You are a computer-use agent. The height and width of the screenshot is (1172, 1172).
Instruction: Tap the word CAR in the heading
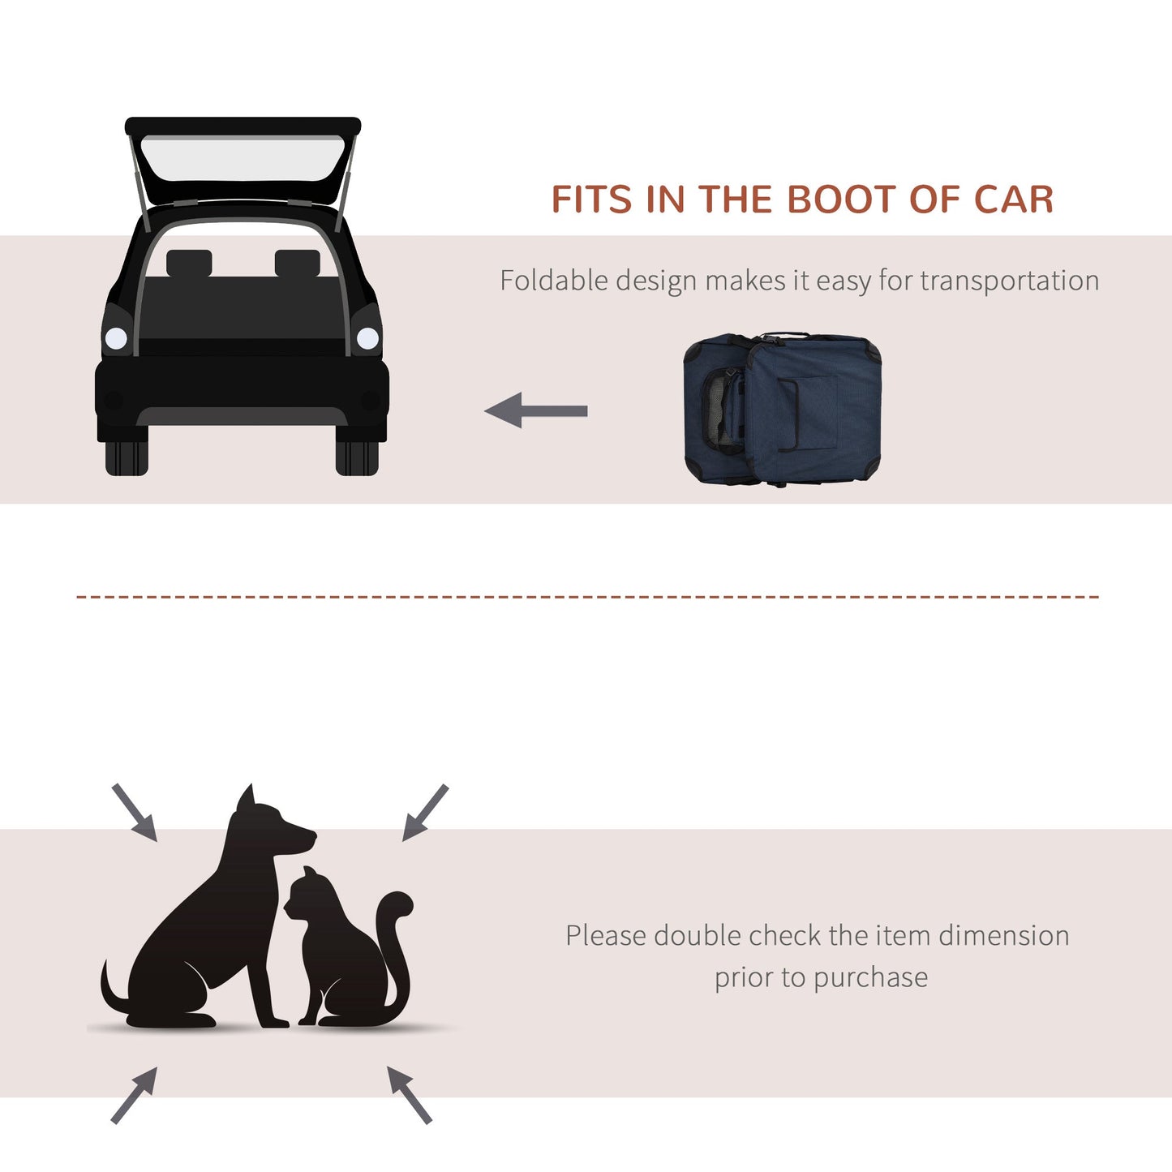pos(1014,200)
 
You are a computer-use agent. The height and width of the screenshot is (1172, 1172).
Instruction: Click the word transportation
pos(1010,281)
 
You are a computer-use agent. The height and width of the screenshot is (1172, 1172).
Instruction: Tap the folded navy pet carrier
pos(783,410)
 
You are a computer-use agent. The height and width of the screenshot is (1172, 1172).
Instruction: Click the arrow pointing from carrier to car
pos(536,410)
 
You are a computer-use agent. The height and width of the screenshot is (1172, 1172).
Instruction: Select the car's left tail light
pos(117,338)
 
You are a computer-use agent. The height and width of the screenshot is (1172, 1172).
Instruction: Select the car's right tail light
pos(367,338)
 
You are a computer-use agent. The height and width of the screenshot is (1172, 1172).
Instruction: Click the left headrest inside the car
pos(189,263)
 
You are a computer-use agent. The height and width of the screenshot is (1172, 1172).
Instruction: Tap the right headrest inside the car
pos(297,263)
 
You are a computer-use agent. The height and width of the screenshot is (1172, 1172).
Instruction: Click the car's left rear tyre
pos(127,457)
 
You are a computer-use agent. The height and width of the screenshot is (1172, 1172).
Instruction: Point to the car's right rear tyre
pos(357,457)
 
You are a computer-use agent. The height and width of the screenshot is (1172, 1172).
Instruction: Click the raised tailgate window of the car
pos(243,159)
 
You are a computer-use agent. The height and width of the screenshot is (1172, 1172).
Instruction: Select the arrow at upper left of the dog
pos(134,812)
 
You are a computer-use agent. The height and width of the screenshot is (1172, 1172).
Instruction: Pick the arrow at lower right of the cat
pos(410,1095)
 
